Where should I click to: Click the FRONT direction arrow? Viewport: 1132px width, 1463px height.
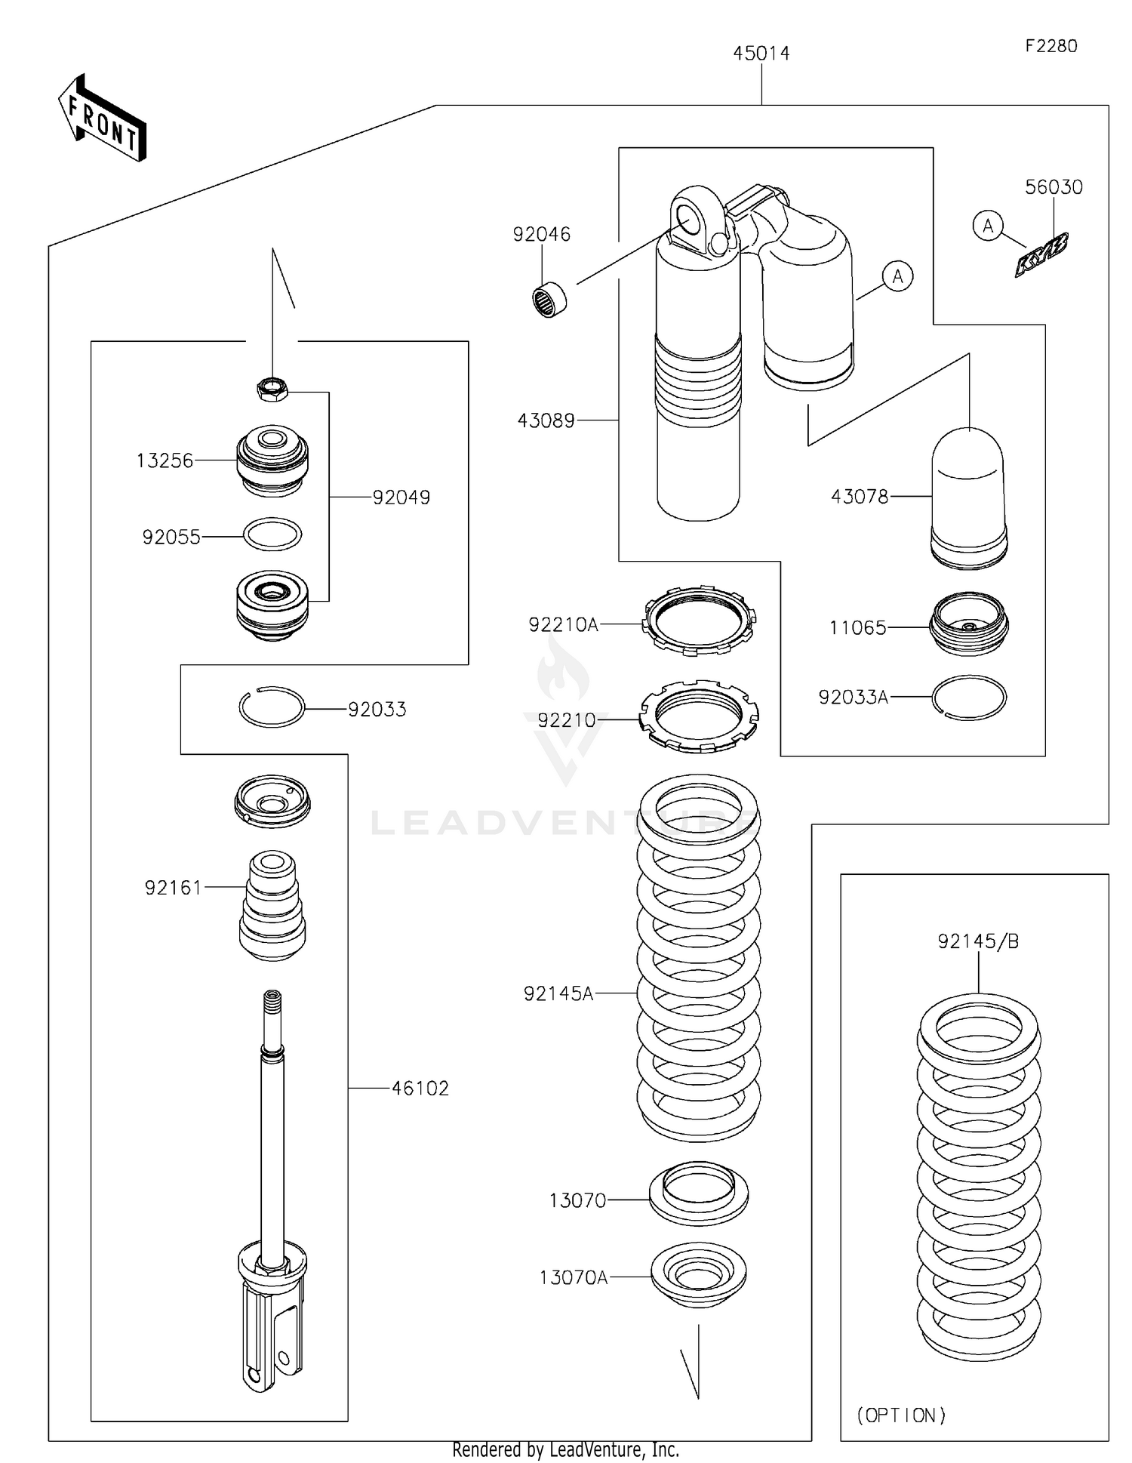[102, 119]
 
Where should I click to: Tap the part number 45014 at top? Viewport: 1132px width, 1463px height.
[761, 54]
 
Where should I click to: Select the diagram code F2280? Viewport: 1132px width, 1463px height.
[1050, 46]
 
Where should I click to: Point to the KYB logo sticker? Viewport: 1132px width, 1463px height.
[1041, 255]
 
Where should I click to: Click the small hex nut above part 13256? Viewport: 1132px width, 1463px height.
[272, 390]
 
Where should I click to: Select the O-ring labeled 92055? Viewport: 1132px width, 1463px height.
[272, 534]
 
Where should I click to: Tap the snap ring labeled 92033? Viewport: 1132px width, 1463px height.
[272, 707]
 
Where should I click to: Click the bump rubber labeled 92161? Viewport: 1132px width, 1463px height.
[272, 906]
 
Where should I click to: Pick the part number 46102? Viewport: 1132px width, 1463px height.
[420, 1088]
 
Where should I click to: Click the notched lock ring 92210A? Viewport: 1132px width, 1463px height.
[699, 621]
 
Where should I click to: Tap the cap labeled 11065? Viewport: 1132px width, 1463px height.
[970, 624]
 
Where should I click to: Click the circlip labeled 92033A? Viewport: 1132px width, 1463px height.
[969, 697]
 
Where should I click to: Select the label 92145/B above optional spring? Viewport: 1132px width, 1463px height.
[978, 941]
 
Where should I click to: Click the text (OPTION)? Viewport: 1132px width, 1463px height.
[901, 1415]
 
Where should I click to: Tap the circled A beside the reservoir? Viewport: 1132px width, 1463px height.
[897, 276]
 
